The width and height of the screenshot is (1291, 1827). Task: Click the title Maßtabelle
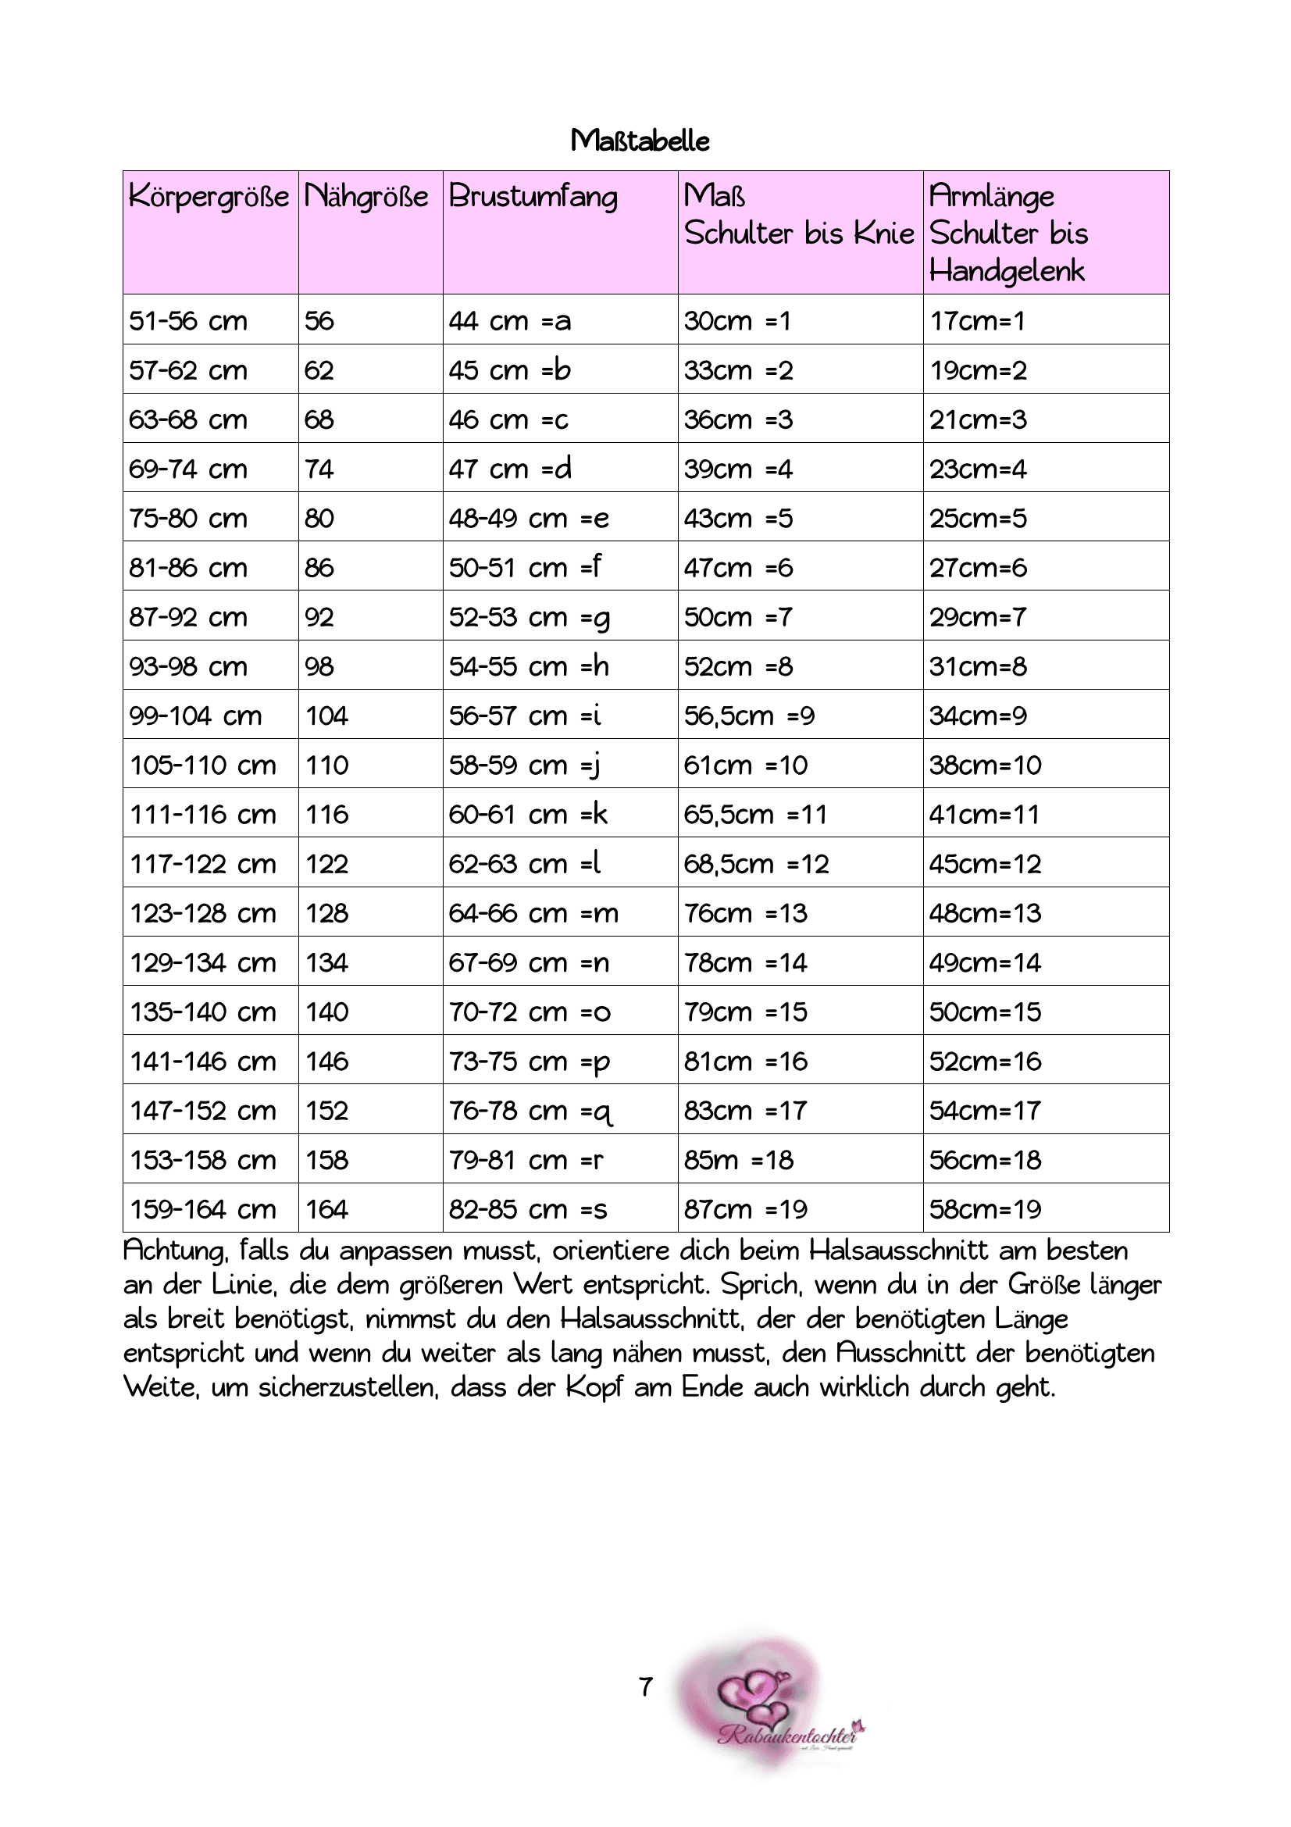(x=640, y=141)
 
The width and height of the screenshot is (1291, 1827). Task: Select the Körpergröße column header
(x=209, y=196)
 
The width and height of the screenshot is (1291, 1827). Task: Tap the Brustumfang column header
(x=532, y=196)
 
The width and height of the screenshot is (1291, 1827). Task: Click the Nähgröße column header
(x=366, y=196)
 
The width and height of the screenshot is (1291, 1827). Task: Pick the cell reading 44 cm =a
(x=509, y=321)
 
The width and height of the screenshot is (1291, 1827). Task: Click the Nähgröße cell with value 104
(x=327, y=715)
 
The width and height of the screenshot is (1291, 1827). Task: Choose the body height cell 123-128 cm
(x=203, y=912)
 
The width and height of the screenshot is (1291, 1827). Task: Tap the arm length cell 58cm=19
(x=985, y=1208)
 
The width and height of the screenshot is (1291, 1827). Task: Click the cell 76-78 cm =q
(x=530, y=1111)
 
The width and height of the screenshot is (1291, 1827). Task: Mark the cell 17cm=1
(x=977, y=321)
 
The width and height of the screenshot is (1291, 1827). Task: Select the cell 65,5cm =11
(x=755, y=814)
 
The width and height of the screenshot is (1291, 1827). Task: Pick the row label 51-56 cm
(x=187, y=321)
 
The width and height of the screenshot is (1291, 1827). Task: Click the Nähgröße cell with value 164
(x=327, y=1208)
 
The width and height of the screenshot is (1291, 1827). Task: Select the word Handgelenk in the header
(x=1006, y=270)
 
